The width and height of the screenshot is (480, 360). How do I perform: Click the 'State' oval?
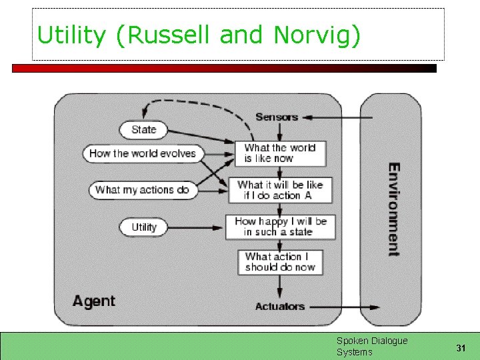pyautogui.click(x=143, y=129)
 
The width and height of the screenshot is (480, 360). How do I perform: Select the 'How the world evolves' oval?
pyautogui.click(x=142, y=153)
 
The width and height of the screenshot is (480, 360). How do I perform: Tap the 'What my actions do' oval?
pyautogui.click(x=143, y=190)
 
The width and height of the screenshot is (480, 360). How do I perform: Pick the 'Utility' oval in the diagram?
pyautogui.click(x=143, y=227)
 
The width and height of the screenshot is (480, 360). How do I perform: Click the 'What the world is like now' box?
pyautogui.click(x=280, y=153)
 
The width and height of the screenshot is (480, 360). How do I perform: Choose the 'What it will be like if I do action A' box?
pyautogui.click(x=280, y=190)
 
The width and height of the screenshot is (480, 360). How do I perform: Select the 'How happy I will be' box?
pyautogui.click(x=280, y=227)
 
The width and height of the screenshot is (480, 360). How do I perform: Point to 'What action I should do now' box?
pyautogui.click(x=280, y=261)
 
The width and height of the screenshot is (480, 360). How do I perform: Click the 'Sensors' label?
pyautogui.click(x=277, y=117)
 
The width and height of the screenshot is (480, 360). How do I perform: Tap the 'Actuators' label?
pyautogui.click(x=280, y=307)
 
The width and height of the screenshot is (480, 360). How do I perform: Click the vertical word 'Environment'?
pyautogui.click(x=393, y=209)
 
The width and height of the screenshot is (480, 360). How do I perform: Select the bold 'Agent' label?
pyautogui.click(x=94, y=301)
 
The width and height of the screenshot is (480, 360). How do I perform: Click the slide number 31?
pyautogui.click(x=461, y=348)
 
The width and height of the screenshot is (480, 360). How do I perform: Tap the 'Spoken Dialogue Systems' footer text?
pyautogui.click(x=371, y=346)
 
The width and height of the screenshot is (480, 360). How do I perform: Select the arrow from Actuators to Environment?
pyautogui.click(x=343, y=307)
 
